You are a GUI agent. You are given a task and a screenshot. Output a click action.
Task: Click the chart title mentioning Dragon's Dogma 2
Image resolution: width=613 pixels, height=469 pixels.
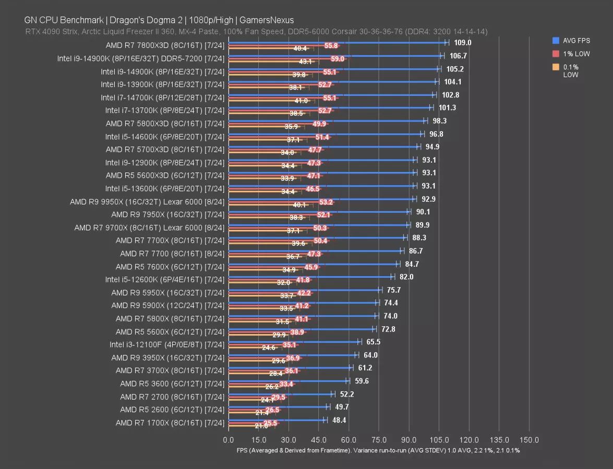[x=159, y=20]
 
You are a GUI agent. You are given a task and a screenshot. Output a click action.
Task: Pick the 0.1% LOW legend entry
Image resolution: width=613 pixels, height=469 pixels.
[x=571, y=70]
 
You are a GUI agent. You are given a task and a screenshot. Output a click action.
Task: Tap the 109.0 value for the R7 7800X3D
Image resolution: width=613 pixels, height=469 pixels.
[x=463, y=43]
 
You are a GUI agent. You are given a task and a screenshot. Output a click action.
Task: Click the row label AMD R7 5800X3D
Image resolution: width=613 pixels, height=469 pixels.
[x=165, y=124]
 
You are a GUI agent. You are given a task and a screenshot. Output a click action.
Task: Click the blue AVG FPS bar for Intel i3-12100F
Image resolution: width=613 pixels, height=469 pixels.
[x=292, y=341]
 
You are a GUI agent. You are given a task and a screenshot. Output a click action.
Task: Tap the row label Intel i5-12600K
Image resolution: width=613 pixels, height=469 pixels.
[x=164, y=279]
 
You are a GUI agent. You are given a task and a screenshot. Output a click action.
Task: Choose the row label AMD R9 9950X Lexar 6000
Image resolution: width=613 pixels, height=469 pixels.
[x=147, y=202]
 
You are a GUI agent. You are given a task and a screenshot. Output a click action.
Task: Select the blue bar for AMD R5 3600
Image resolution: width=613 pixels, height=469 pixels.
[x=287, y=380]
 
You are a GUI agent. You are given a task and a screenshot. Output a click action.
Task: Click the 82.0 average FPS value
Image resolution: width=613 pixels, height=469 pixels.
[x=406, y=277]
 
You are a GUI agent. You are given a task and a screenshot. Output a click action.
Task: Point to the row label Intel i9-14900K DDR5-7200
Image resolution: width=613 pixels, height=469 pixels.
[x=141, y=58]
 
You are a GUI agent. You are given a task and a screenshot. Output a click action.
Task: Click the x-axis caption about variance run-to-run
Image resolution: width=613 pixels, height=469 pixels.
[x=378, y=450]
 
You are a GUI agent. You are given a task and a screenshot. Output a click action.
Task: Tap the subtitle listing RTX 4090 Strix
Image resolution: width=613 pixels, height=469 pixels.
[x=256, y=32]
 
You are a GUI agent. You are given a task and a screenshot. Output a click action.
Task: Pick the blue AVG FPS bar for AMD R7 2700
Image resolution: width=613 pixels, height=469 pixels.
[x=279, y=393]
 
